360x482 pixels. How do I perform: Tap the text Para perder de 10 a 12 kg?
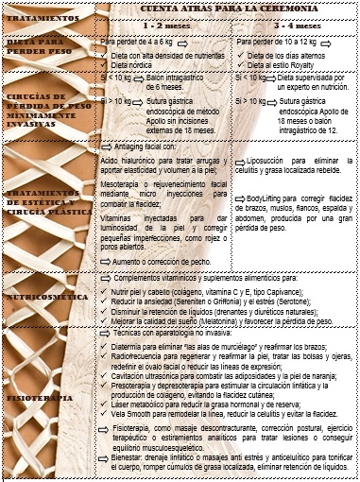tap(281, 42)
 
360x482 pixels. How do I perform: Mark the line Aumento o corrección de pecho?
tap(164, 260)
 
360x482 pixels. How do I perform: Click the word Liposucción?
tap(269, 163)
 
